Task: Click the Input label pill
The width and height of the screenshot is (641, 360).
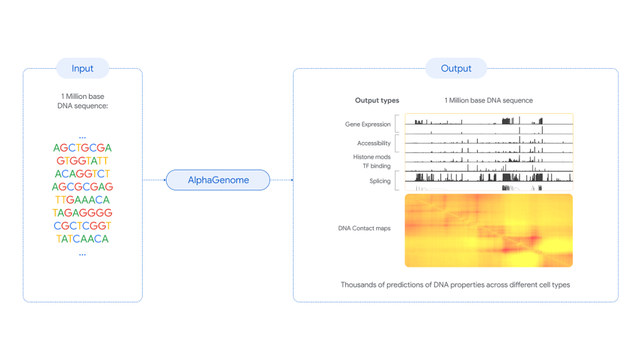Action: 83,68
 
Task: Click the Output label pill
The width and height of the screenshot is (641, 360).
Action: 456,68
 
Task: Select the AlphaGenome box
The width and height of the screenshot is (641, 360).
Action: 218,180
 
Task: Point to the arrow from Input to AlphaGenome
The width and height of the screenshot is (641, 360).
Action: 154,180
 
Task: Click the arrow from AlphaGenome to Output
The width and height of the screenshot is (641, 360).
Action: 282,180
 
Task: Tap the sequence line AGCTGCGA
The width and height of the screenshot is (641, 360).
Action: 83,148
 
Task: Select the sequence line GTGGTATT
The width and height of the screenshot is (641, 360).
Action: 83,161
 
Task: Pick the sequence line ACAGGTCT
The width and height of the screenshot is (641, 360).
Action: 83,173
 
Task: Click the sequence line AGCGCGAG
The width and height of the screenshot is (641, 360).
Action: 83,187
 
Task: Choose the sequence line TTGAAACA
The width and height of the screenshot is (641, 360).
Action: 83,200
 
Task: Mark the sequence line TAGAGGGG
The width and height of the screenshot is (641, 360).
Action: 83,213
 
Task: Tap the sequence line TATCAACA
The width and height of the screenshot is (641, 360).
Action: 83,239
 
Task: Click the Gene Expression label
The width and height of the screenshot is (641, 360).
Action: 367,125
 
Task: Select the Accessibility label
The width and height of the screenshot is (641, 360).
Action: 374,143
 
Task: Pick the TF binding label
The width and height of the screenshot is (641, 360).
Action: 376,166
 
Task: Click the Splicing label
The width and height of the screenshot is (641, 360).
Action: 380,181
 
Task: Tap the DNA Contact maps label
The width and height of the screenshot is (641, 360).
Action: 364,229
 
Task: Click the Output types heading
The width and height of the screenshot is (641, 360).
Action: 377,100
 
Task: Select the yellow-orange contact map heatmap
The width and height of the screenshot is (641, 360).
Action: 488,230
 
